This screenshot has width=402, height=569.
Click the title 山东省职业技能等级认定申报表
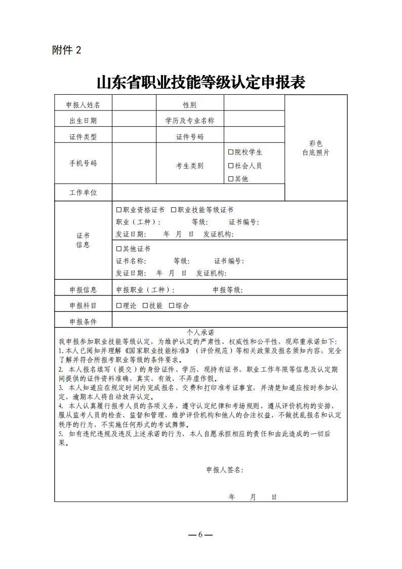[201, 82]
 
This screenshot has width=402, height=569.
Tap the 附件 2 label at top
[66, 50]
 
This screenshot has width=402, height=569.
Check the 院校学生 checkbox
[231, 152]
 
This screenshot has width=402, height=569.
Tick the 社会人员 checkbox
[231, 166]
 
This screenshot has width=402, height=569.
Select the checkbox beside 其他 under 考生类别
[231, 179]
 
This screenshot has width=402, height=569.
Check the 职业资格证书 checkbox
[119, 210]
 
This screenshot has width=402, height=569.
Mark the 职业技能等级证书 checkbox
[174, 210]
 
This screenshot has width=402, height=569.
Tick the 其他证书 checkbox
[119, 249]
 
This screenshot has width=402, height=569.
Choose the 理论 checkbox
[119, 306]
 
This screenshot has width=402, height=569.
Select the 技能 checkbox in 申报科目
[145, 306]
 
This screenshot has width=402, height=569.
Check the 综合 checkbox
[172, 306]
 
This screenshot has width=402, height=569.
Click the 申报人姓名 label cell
[83, 105]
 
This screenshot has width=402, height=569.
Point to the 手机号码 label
[83, 163]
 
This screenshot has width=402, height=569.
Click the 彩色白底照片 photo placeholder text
[315, 148]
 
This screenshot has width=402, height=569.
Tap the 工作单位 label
[83, 193]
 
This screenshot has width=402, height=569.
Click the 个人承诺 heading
[200, 332]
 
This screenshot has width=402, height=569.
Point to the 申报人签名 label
[224, 470]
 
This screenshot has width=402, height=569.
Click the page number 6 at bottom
[200, 535]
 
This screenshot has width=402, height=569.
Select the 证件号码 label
[190, 137]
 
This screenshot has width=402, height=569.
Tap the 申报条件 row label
[83, 322]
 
